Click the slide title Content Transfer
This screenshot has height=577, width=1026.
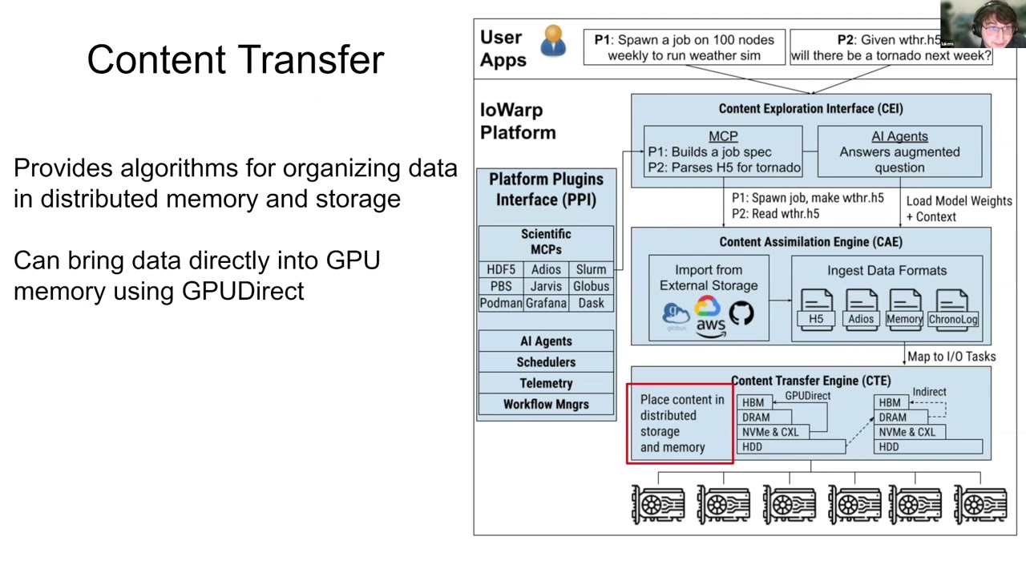pos(236,60)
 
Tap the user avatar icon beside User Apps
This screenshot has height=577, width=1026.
pos(553,42)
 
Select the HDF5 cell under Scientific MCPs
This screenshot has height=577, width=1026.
pos(501,269)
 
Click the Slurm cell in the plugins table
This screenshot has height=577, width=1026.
pos(591,269)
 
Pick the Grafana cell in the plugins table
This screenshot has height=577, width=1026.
pos(546,303)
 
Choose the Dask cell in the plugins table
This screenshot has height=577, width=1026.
pos(591,303)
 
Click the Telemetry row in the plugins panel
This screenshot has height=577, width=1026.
pos(546,383)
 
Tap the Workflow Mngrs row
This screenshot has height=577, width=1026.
pos(546,404)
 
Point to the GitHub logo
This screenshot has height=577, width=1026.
pos(741,313)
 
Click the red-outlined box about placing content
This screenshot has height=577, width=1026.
pos(680,423)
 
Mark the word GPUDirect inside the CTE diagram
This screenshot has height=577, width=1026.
pos(807,396)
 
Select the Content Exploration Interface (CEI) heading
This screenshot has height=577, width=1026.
pos(810,108)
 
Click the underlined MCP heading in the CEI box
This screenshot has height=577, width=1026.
pos(723,136)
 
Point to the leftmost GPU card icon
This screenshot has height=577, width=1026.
pos(658,505)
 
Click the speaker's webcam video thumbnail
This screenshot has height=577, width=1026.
pos(983,24)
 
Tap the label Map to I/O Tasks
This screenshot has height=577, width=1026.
pos(951,357)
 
